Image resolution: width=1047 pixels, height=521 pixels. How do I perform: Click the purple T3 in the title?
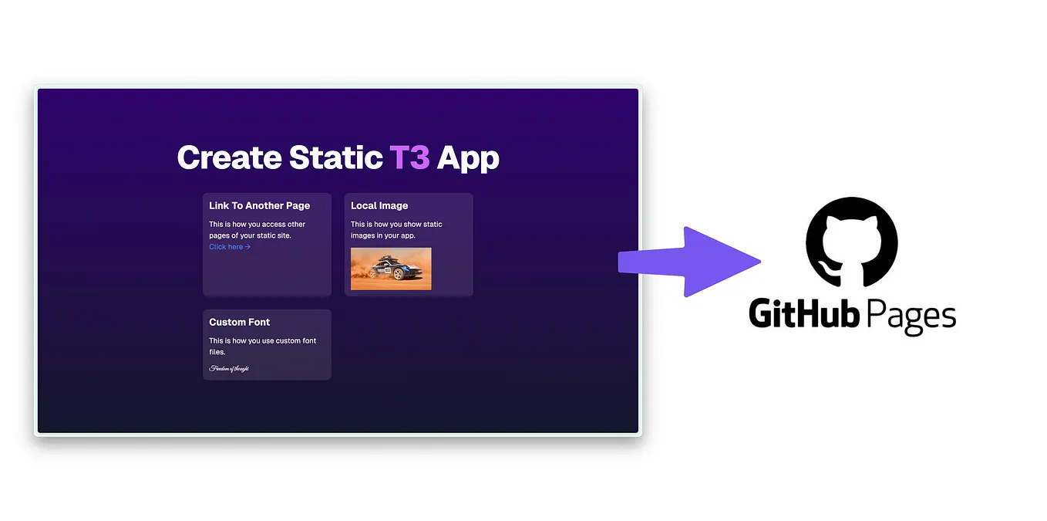pyautogui.click(x=409, y=157)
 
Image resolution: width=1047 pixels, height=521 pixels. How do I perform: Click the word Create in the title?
pyautogui.click(x=229, y=157)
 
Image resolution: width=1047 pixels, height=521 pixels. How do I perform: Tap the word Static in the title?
pyautogui.click(x=335, y=157)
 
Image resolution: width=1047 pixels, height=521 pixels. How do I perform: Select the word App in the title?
pyautogui.click(x=468, y=158)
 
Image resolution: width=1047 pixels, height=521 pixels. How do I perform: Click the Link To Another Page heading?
pyautogui.click(x=259, y=206)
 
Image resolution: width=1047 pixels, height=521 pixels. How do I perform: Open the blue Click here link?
pyautogui.click(x=230, y=247)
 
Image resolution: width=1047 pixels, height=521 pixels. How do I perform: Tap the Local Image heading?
pyautogui.click(x=379, y=206)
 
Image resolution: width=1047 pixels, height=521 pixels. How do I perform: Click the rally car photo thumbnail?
pyautogui.click(x=391, y=269)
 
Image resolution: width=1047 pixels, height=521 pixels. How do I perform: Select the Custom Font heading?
pyautogui.click(x=239, y=323)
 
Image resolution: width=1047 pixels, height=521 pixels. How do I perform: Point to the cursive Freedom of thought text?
pyautogui.click(x=229, y=369)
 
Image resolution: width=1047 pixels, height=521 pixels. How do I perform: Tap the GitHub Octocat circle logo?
pyautogui.click(x=851, y=242)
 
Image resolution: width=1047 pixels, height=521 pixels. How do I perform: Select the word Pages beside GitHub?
pyautogui.click(x=911, y=316)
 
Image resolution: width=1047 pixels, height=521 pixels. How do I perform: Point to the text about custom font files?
pyautogui.click(x=262, y=346)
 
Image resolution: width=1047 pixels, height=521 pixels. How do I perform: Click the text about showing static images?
pyautogui.click(x=396, y=230)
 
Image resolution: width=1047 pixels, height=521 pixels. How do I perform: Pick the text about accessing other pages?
pyautogui.click(x=258, y=230)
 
